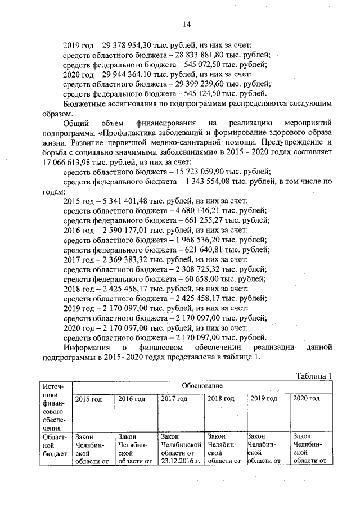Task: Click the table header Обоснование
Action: coord(202,386)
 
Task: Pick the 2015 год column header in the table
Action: coord(88,399)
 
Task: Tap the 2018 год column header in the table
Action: coord(221,399)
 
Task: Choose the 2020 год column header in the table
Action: coord(307,399)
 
